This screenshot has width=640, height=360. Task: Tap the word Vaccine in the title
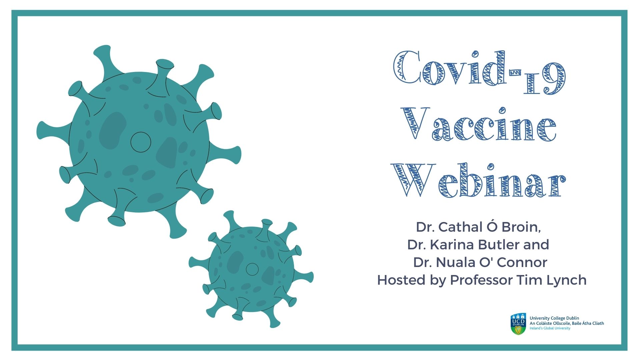click(x=479, y=124)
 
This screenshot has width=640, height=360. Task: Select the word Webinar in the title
click(x=479, y=181)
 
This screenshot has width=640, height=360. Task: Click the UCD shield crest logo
click(x=518, y=324)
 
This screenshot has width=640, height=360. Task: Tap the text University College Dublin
click(x=554, y=318)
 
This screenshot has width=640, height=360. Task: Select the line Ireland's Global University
click(x=550, y=328)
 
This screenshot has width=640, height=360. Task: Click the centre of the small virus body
click(x=252, y=269)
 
